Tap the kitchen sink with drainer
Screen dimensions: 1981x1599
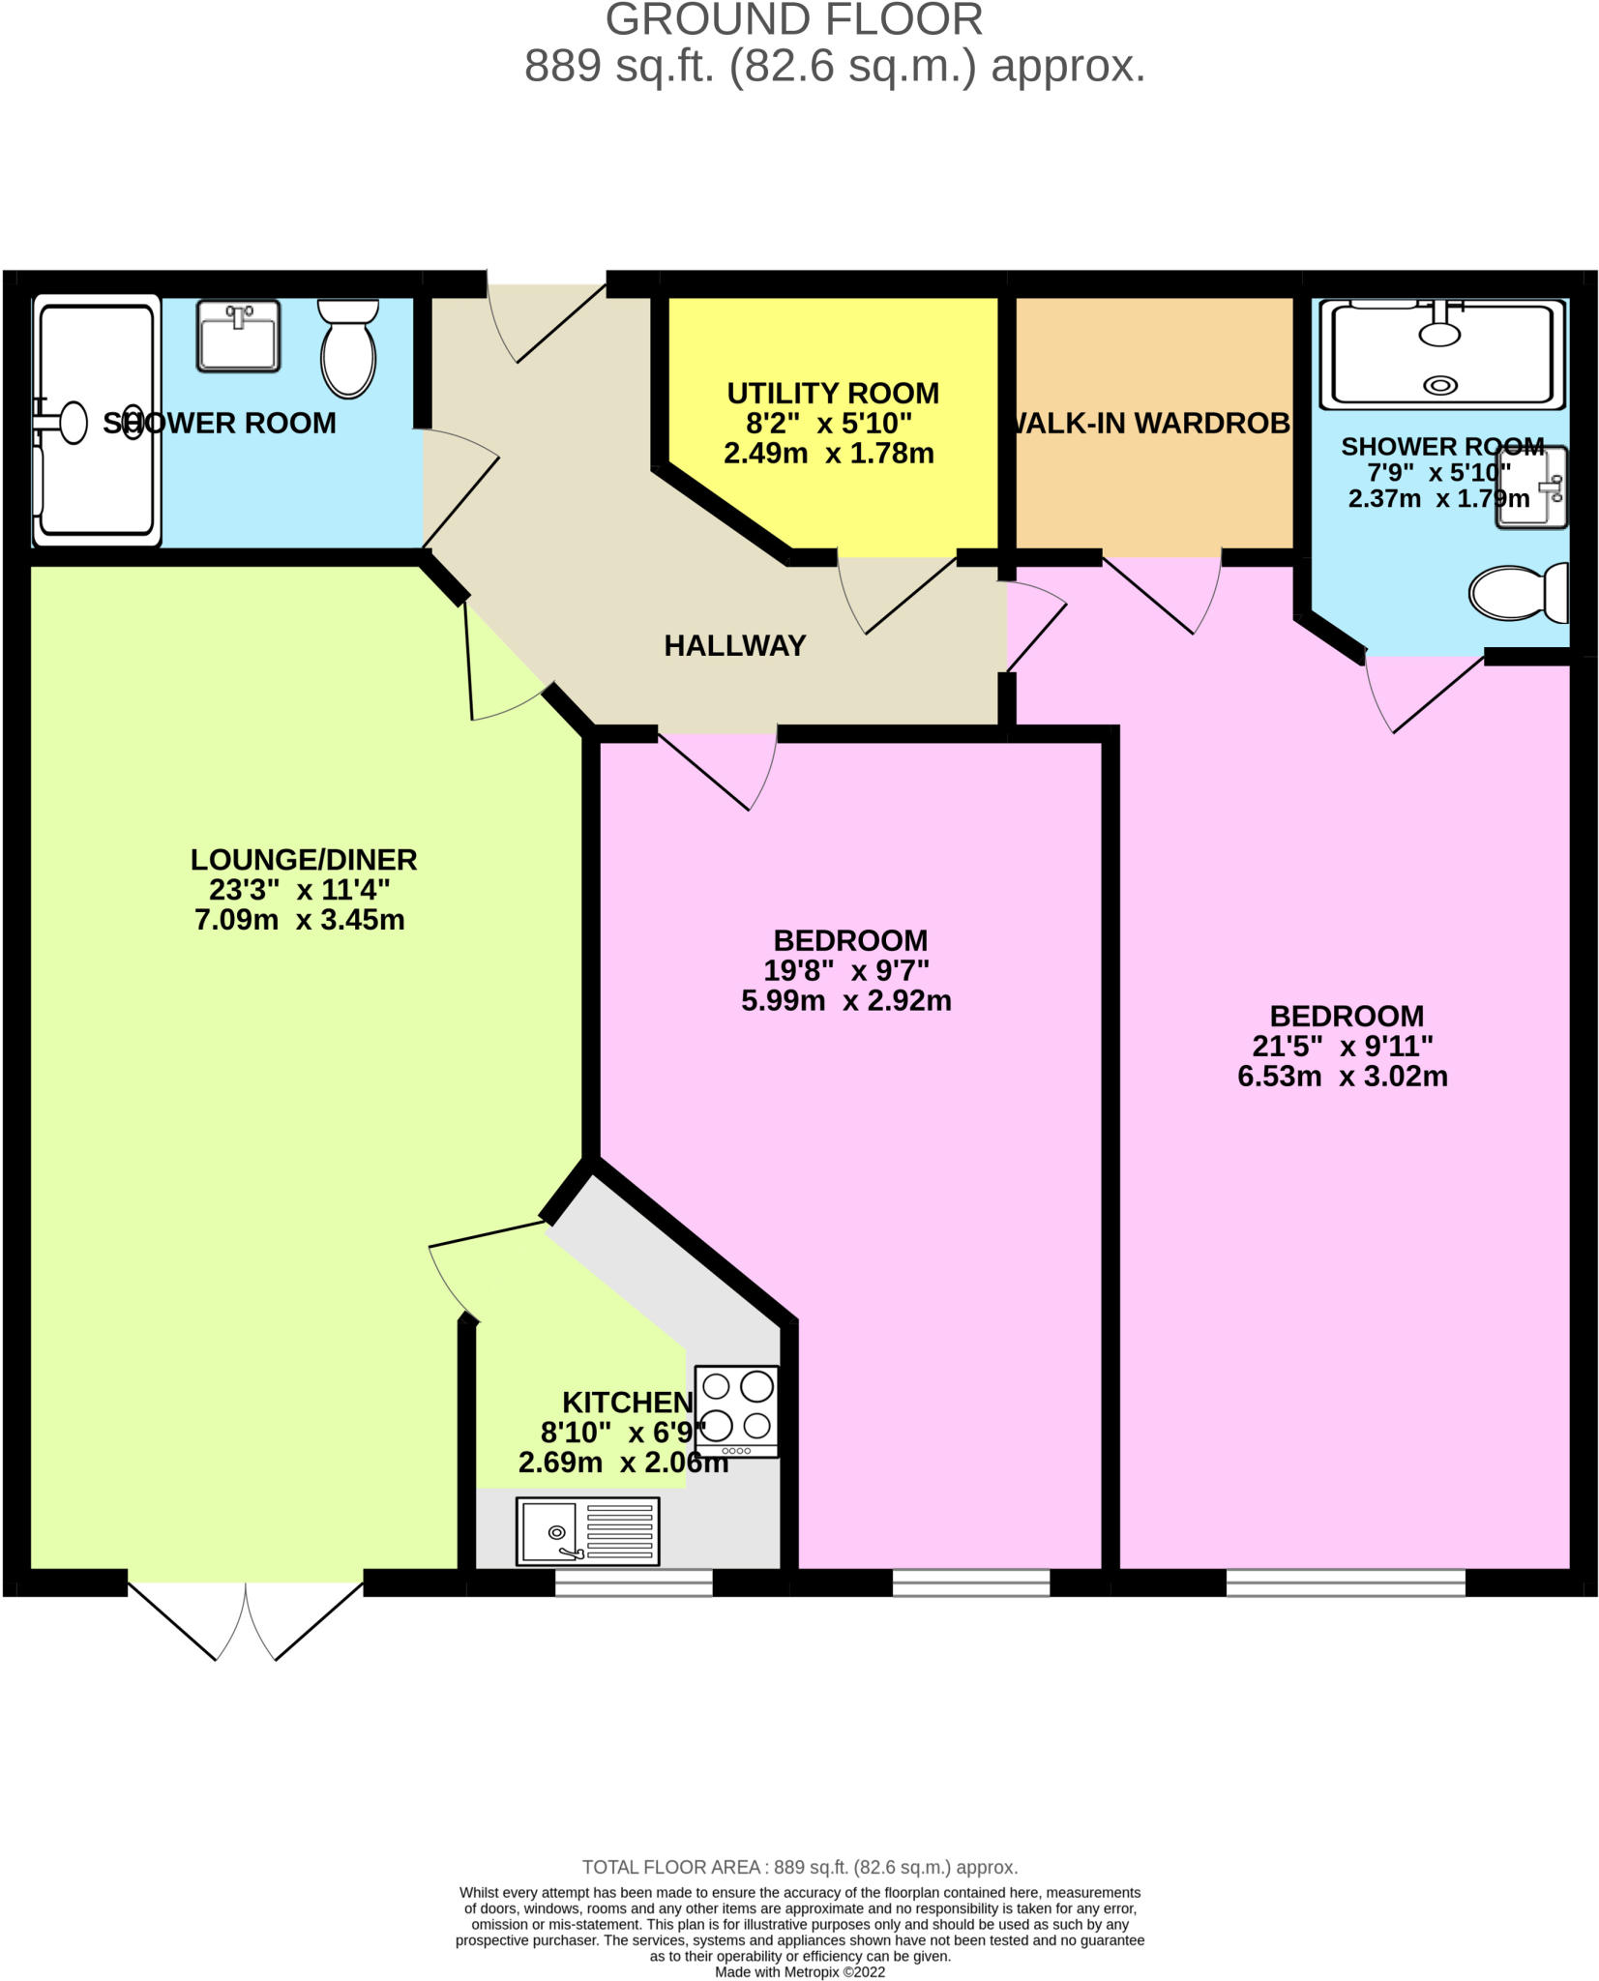click(587, 1531)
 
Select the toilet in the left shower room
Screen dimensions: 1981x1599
click(348, 348)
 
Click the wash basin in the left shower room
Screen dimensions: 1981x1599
click(238, 335)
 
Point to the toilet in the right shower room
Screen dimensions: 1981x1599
click(1519, 592)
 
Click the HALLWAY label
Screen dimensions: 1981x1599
click(734, 646)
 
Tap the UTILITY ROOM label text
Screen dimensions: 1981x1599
click(832, 394)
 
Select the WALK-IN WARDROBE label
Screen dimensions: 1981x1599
click(1151, 424)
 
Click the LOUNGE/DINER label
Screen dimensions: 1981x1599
click(303, 859)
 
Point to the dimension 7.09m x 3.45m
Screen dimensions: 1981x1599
click(299, 920)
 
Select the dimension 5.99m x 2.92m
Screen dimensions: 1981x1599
click(845, 1001)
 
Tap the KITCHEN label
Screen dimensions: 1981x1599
click(628, 1402)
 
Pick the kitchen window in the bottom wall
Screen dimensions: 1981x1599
click(634, 1582)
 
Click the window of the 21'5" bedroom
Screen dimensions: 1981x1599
click(1345, 1582)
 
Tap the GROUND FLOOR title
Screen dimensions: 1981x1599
click(793, 19)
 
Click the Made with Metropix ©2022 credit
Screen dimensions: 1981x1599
click(799, 1971)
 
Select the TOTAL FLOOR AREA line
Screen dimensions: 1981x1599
click(799, 1867)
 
